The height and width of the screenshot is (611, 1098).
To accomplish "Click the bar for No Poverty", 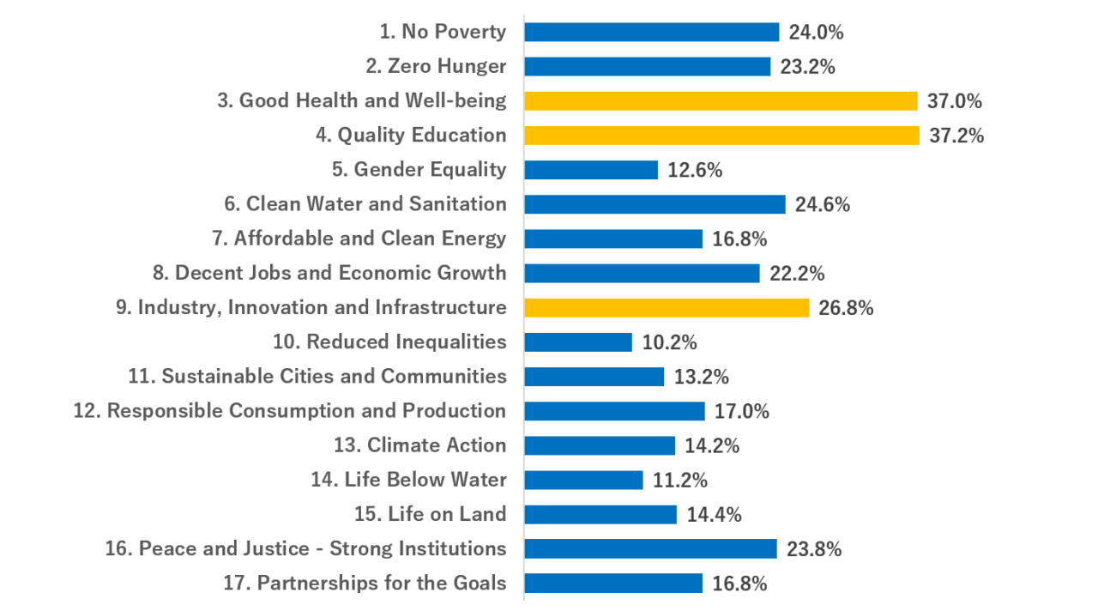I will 651,33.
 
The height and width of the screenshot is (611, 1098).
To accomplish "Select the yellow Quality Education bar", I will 721,136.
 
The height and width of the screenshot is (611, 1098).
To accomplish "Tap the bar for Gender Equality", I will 590,170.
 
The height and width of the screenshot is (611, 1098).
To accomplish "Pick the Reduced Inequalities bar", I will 577,342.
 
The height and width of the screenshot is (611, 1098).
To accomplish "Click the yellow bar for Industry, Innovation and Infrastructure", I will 666,307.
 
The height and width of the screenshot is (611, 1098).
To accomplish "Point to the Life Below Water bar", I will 583,480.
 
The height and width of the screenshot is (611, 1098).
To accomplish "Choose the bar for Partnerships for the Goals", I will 612,584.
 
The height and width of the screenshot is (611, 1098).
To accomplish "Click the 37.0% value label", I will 954,101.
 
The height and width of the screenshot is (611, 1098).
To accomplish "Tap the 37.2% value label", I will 956,136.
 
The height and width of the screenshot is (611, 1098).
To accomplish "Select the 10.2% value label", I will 669,342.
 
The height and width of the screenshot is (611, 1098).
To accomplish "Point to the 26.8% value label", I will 846,307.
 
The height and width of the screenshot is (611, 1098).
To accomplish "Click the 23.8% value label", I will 814,549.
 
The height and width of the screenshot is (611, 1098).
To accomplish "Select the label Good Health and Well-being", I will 361,101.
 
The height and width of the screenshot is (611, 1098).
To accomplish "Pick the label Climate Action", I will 419,445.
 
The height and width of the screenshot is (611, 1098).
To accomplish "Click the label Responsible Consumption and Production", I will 289,411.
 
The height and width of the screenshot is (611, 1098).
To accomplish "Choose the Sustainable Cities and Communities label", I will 317,377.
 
